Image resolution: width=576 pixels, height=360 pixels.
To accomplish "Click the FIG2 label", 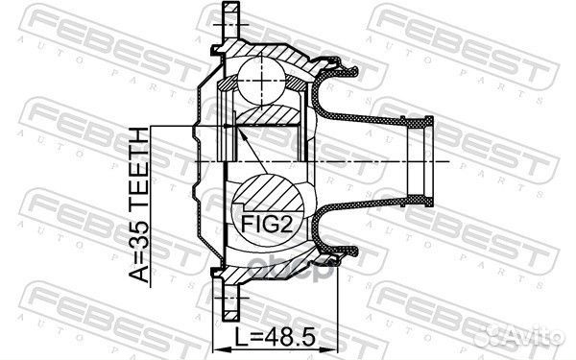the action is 267,225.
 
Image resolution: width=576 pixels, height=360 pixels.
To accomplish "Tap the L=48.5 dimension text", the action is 276,338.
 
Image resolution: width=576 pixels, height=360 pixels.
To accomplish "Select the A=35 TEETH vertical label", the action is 139,204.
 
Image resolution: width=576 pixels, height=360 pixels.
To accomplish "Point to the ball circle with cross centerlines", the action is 261,82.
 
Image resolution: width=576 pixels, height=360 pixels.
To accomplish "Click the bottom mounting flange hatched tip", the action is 231,315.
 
